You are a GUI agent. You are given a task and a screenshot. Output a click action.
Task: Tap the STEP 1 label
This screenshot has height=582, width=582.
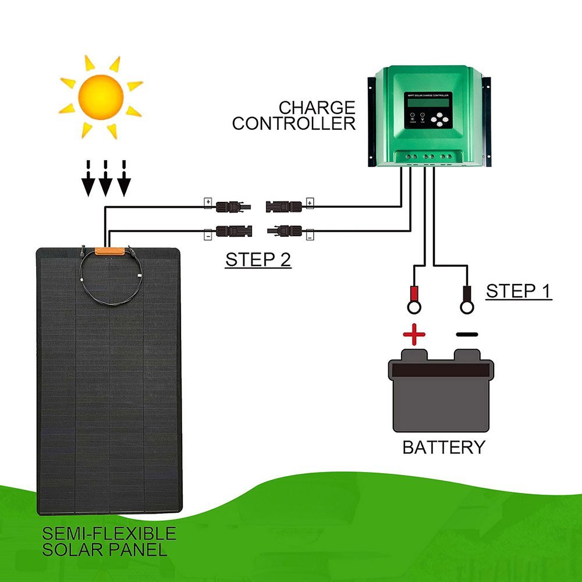[x=519, y=291]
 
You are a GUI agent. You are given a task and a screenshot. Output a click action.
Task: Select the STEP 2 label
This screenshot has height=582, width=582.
[x=258, y=260]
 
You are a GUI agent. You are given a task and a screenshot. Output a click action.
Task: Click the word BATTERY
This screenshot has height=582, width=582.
[x=443, y=448]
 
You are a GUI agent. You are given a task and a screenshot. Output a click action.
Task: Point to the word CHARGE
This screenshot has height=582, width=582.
[x=317, y=108]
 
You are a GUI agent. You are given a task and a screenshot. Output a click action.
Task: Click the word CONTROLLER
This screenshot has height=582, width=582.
[x=294, y=123]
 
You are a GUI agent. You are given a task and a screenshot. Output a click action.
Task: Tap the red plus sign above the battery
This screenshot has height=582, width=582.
[x=414, y=335]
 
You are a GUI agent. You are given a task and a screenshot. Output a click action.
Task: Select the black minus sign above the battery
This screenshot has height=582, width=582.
[x=467, y=335]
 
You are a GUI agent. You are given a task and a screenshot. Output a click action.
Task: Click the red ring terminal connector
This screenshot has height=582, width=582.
[x=416, y=299]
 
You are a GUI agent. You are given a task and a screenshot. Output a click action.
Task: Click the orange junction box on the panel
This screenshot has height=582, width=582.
[x=111, y=251]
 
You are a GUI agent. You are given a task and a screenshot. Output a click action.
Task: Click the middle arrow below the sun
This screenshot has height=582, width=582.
[x=105, y=184]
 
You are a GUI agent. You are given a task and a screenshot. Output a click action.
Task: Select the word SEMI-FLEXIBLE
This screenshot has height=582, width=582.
[x=109, y=533]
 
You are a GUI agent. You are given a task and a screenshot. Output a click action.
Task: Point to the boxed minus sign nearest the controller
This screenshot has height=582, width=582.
[x=310, y=236]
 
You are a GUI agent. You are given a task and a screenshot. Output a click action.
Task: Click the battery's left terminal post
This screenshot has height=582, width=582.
[x=414, y=354]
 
